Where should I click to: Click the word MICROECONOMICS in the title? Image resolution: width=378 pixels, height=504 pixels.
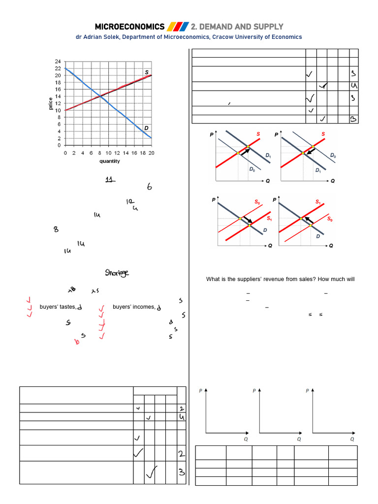[x=129, y=26]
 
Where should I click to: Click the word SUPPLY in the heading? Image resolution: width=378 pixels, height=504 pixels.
[x=267, y=26]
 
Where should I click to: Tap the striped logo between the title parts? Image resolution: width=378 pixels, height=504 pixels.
[x=178, y=26]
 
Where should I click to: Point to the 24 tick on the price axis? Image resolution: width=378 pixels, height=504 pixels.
[x=58, y=62]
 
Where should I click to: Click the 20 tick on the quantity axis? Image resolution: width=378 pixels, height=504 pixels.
[x=151, y=153]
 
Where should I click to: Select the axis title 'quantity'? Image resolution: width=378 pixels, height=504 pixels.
[x=109, y=161]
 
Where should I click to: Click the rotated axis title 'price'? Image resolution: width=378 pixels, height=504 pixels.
[x=50, y=103]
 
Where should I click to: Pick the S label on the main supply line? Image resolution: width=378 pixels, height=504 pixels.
[x=147, y=72]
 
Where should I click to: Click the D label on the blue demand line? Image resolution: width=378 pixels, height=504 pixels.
[x=146, y=128]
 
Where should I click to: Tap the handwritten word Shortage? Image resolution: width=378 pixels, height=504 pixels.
[x=118, y=273]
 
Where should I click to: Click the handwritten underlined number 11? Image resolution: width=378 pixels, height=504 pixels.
[x=110, y=180]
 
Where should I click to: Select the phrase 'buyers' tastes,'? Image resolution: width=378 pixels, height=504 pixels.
[x=58, y=307]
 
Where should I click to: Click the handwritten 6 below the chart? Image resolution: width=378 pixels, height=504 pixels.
[x=150, y=187]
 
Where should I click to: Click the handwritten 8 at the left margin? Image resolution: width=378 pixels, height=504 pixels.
[x=57, y=230]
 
